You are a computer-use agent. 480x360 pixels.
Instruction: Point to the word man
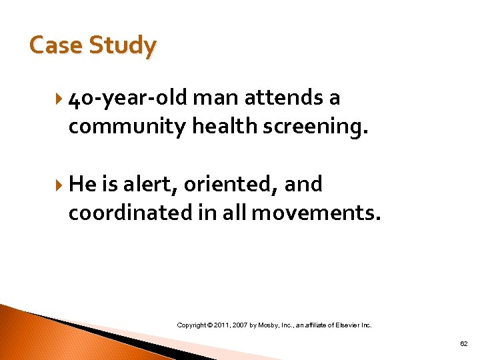215,98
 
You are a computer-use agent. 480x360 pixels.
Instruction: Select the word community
127,126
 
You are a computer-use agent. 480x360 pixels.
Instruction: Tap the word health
223,126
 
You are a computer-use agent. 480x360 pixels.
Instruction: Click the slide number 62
464,343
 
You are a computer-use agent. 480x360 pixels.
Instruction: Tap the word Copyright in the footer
192,325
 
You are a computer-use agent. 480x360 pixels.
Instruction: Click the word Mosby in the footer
273,325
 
